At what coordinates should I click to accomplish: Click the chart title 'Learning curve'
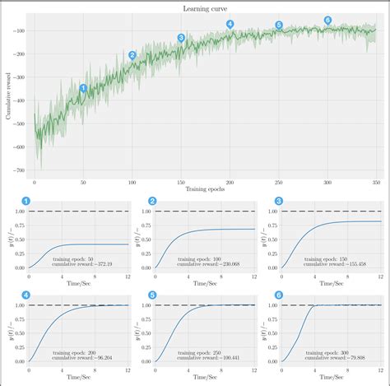point(205,8)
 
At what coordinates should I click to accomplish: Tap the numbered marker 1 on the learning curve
point(83,88)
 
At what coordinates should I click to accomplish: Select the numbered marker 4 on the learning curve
point(230,25)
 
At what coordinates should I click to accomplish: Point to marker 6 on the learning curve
point(327,21)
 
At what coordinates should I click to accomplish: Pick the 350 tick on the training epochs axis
point(376,181)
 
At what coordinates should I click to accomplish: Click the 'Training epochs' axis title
point(205,189)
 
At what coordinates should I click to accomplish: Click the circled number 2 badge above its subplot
point(151,201)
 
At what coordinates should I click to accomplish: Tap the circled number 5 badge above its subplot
point(151,295)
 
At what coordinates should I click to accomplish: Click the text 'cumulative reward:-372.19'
point(81,264)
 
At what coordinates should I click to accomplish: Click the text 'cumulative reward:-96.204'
point(81,359)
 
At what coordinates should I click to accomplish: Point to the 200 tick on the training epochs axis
point(230,181)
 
